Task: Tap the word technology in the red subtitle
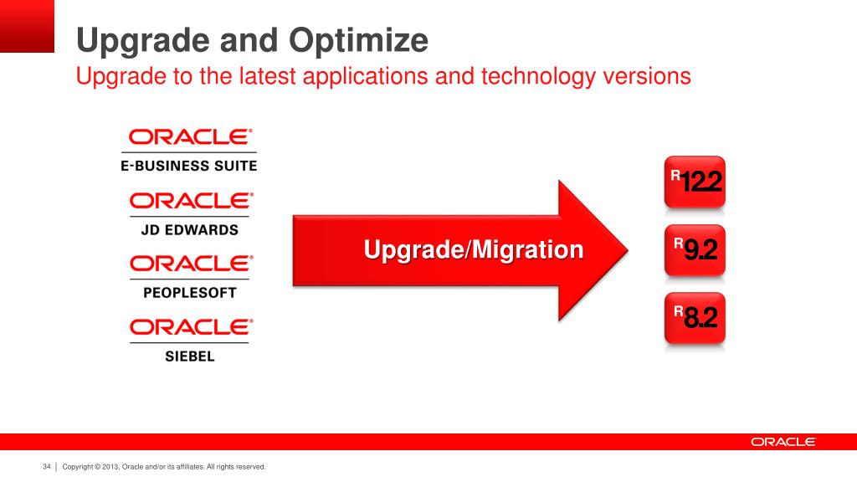tap(538, 76)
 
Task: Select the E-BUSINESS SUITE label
tap(188, 166)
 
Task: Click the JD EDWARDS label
tap(190, 229)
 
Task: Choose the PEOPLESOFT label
tap(190, 293)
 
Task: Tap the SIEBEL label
tap(190, 356)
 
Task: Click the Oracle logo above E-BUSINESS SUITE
tap(190, 136)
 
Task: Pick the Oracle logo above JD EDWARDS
tap(192, 201)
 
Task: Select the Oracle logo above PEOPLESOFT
tap(192, 264)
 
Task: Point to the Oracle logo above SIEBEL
tap(192, 327)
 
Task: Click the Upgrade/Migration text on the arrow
tap(474, 249)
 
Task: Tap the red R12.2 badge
tap(695, 182)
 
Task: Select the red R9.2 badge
tap(695, 249)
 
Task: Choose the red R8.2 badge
tap(695, 318)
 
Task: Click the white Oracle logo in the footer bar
tap(783, 442)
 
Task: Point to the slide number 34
tap(47, 467)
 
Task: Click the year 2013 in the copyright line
tap(110, 467)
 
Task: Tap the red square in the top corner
tap(27, 26)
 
